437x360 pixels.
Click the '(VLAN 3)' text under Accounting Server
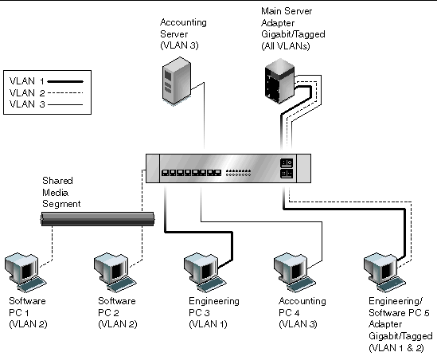(x=181, y=47)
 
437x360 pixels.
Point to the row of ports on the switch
(x=190, y=173)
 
